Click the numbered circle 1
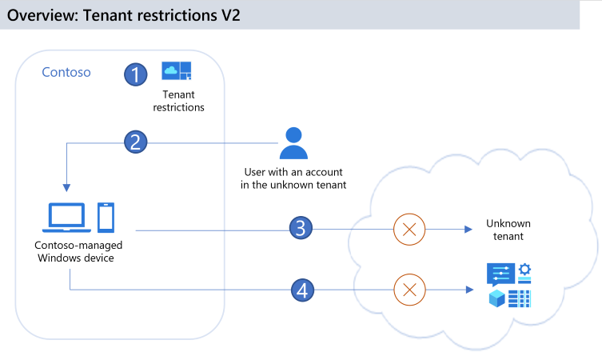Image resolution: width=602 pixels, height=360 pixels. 136,74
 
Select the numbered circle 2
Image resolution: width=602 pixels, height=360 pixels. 136,142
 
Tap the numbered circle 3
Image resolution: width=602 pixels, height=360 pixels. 301,229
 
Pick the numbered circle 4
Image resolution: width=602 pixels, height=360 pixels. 301,290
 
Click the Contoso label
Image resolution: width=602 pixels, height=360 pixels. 66,73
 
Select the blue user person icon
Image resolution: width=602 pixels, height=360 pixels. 293,143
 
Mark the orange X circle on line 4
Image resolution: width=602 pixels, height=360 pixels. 409,289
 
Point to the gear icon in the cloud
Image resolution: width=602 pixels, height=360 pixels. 525,270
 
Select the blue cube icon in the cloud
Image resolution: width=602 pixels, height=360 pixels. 497,298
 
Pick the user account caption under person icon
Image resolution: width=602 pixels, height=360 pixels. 293,178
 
